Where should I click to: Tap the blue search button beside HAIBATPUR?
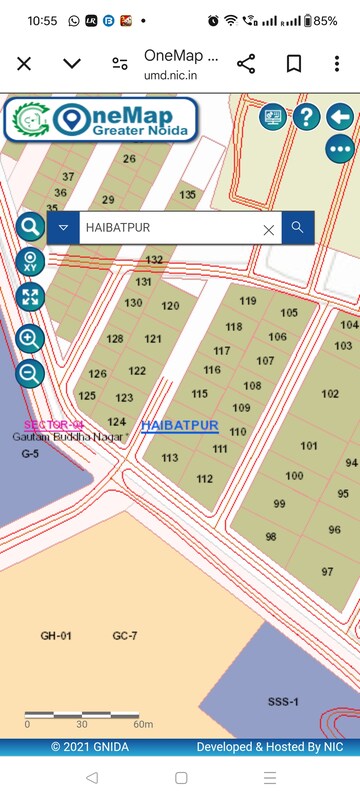tap(297, 228)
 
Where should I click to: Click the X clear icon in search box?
tap(268, 229)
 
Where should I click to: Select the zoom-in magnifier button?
tap(31, 338)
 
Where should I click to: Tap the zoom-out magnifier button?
tap(31, 374)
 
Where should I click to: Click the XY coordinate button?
tap(31, 263)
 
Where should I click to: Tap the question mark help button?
tap(306, 117)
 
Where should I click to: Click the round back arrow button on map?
tap(340, 117)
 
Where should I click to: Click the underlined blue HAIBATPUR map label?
tap(180, 425)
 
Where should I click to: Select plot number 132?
tap(154, 260)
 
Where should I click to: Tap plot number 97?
tap(327, 571)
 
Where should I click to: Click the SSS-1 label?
tap(283, 702)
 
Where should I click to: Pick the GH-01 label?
tap(56, 636)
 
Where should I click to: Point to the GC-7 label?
tap(125, 636)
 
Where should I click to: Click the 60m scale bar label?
tap(142, 723)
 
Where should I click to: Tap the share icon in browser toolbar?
tap(247, 63)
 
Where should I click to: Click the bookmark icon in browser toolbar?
tap(294, 63)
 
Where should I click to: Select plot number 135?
tap(188, 195)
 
